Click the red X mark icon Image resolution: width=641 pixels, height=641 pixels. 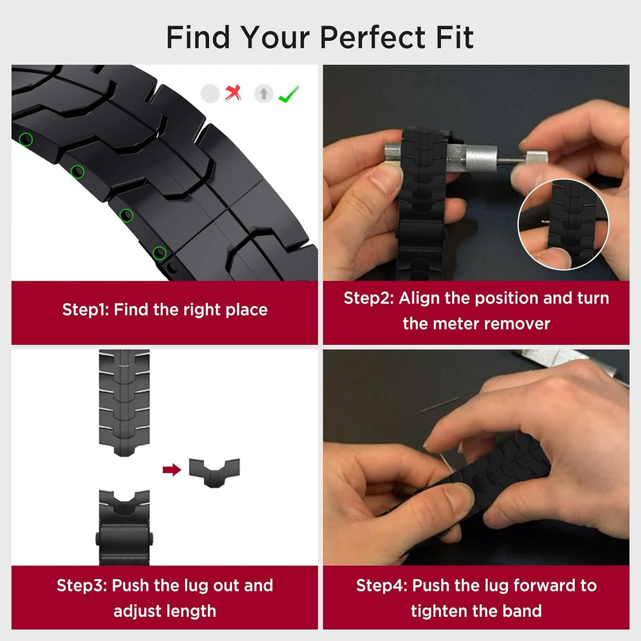tap(233, 93)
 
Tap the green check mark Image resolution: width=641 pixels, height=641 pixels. tap(288, 94)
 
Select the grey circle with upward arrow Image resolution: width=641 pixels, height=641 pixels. tap(264, 94)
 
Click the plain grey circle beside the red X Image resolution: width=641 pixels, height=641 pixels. tap(210, 94)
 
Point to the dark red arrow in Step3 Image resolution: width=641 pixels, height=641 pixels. tap(172, 469)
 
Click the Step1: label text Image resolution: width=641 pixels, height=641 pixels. tap(85, 309)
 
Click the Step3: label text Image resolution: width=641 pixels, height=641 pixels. tap(82, 585)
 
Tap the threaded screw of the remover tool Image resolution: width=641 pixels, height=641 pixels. tap(512, 160)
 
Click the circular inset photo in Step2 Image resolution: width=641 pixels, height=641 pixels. tap(563, 224)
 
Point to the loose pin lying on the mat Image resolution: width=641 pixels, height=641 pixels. tap(439, 404)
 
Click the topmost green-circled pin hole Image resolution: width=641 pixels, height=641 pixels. tap(26, 140)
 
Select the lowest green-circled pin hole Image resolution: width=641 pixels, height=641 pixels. tap(160, 253)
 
